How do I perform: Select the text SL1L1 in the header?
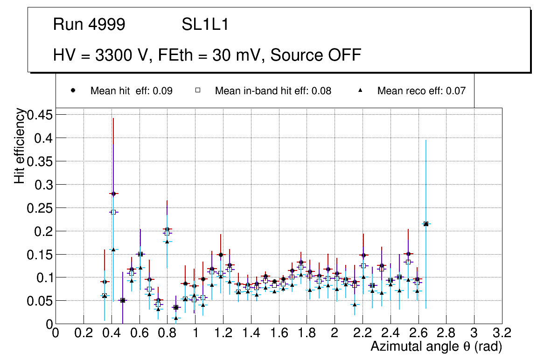point(205,25)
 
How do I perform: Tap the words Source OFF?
point(316,55)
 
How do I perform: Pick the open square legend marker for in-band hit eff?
point(197,90)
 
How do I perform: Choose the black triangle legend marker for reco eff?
point(360,90)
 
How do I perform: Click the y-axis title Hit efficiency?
point(20,146)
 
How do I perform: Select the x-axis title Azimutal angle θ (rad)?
point(436,346)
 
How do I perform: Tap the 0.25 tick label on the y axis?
point(41,208)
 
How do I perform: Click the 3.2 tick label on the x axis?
point(502,333)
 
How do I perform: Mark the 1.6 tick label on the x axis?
point(279,333)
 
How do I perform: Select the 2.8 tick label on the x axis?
point(446,333)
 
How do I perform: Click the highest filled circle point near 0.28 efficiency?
point(113,194)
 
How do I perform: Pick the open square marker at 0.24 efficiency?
point(113,212)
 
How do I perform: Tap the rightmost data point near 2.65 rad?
point(425,224)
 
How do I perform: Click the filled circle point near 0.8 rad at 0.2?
point(167,229)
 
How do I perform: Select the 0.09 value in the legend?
point(164,91)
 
